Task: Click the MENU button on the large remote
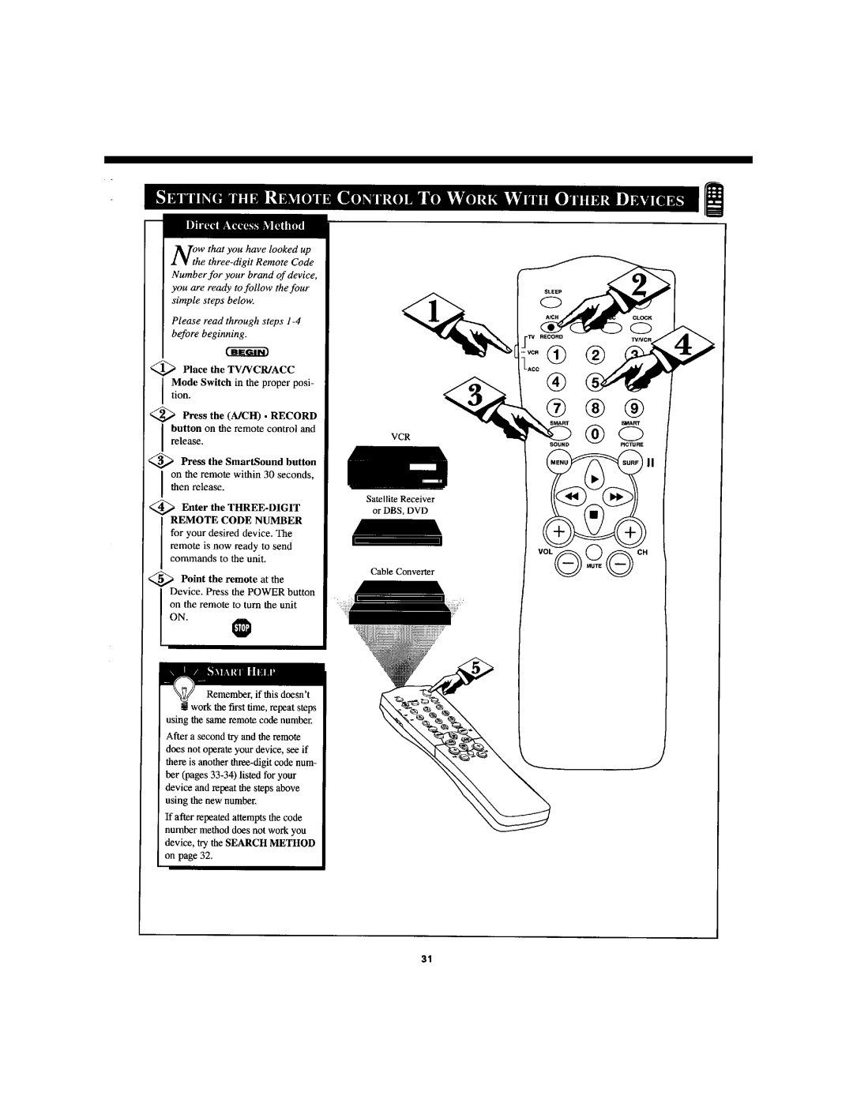558,462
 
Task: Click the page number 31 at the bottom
426,959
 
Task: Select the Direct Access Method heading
239,225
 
